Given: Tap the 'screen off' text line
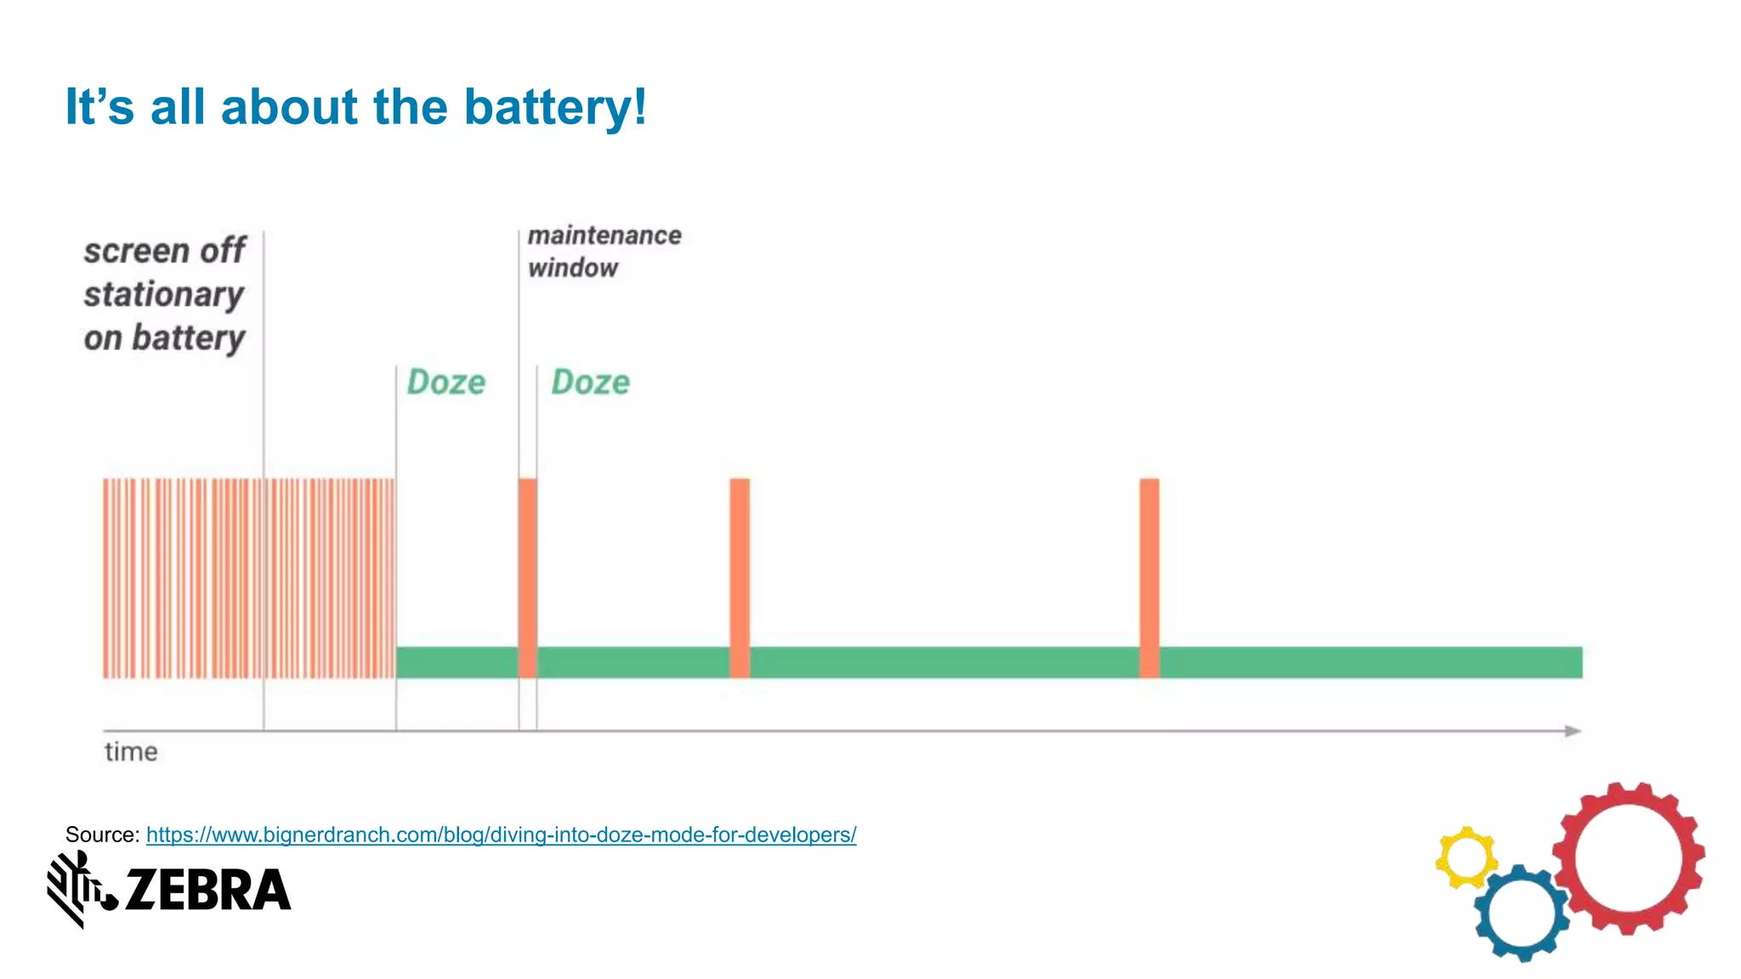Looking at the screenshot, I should tap(165, 251).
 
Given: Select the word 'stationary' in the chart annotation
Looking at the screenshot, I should tap(164, 295).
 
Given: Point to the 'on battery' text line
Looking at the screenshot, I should tap(164, 338).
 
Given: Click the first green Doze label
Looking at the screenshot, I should tap(446, 382).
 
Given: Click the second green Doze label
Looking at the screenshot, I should tap(591, 382).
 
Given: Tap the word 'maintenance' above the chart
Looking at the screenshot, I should tap(604, 235).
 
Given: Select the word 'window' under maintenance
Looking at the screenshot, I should tap(573, 268).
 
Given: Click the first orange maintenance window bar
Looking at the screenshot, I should tap(528, 578).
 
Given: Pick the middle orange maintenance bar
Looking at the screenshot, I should tap(740, 578).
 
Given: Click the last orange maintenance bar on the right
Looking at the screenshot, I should tap(1149, 578).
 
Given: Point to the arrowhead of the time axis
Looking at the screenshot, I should tap(1574, 731).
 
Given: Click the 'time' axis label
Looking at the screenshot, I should tap(131, 752).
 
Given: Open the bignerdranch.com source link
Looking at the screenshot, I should tap(501, 835).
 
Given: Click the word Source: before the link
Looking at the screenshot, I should tap(102, 835).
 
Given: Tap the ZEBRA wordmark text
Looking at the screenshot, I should tap(207, 890).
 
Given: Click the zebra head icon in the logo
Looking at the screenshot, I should tap(78, 888).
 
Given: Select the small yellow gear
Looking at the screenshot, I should tap(1466, 857).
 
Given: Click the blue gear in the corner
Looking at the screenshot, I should tap(1522, 913).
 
